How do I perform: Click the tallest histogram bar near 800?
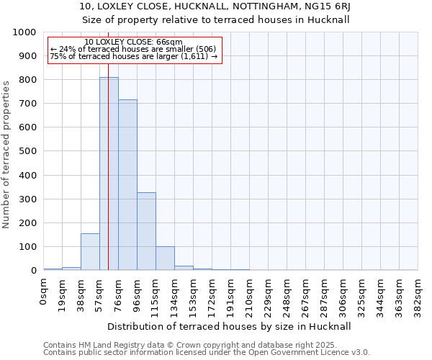109,174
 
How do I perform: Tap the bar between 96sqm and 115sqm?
146,231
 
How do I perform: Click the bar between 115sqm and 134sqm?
165,258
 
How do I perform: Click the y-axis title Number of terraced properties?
6,154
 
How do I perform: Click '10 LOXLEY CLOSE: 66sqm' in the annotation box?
133,42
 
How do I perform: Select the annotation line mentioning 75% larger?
133,56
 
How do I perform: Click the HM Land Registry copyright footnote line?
206,345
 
